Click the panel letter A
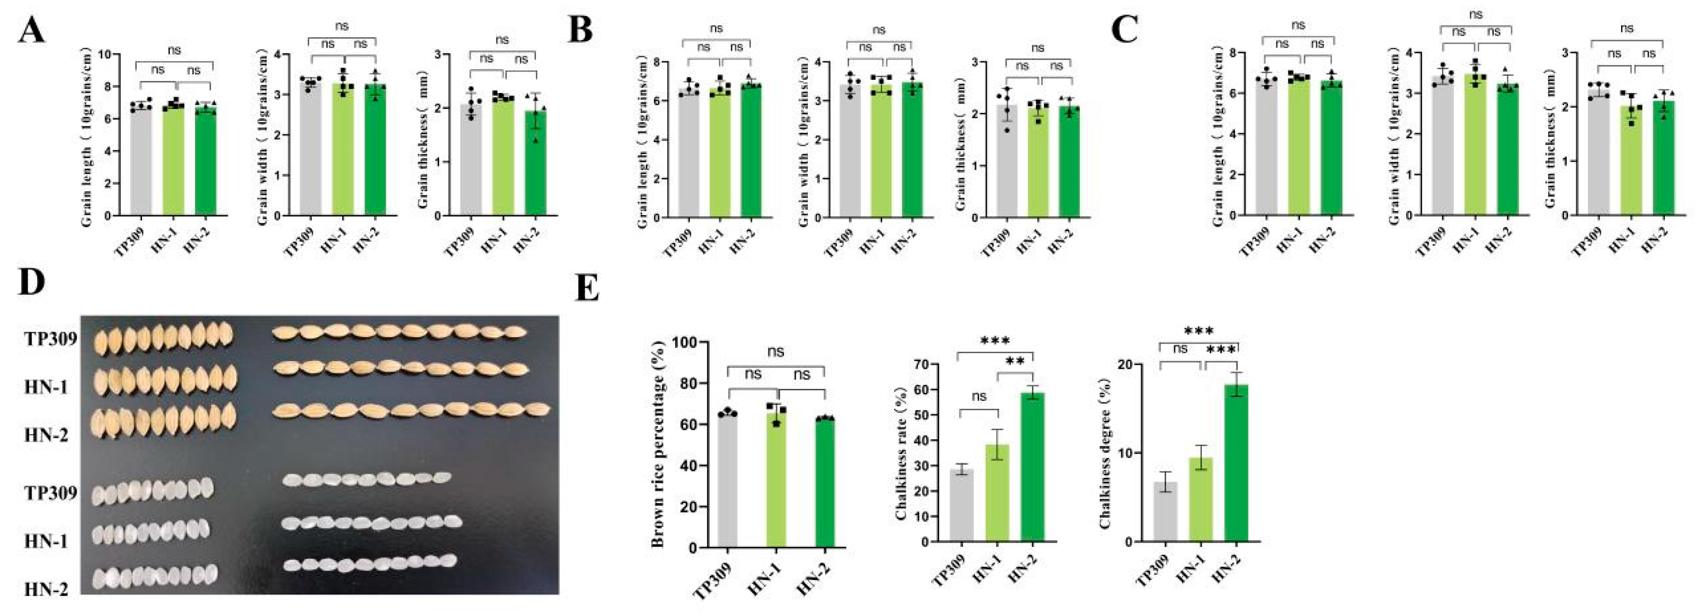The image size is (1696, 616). pos(32,29)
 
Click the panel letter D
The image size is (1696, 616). pos(32,282)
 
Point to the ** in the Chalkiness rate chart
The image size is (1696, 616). pos(1015,362)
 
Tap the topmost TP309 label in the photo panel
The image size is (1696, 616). pos(51,339)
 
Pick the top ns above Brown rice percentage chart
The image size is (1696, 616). pos(776,352)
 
